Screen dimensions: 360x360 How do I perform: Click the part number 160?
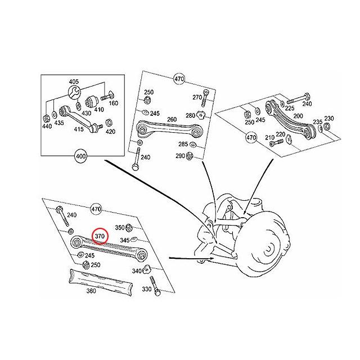[113, 103]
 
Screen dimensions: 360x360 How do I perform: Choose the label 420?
[110, 132]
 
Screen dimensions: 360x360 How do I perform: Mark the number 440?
[47, 127]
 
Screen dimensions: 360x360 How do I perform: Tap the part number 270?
[196, 97]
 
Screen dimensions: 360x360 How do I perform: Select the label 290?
[179, 155]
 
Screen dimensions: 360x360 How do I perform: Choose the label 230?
[329, 118]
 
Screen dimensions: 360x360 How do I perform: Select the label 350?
[119, 228]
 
